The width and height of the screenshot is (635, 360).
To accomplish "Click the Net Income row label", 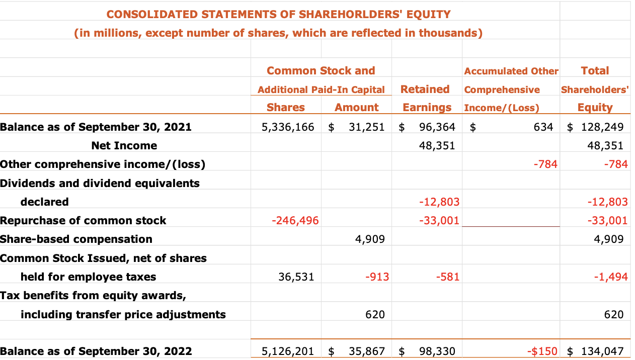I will (x=124, y=146).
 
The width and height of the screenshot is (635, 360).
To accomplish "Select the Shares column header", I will (x=285, y=108).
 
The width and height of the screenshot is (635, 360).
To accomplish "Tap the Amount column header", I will (x=356, y=108).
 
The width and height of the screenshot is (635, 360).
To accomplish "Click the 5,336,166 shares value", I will (x=288, y=127).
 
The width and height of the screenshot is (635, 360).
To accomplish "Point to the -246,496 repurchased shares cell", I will (x=295, y=221).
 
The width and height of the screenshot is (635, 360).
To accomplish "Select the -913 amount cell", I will (x=377, y=277).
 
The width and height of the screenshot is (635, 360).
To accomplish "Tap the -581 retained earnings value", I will (x=447, y=277).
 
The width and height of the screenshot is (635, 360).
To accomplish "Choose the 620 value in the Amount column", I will (x=375, y=315).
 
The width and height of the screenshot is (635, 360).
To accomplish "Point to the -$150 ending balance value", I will (x=543, y=351).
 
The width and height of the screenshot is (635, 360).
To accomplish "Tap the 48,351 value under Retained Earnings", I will (x=437, y=146).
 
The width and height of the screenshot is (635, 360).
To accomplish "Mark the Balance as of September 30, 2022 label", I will (x=96, y=351).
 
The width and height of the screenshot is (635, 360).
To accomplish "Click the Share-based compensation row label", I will (x=76, y=239).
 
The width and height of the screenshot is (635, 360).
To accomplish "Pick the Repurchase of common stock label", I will (x=83, y=221).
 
